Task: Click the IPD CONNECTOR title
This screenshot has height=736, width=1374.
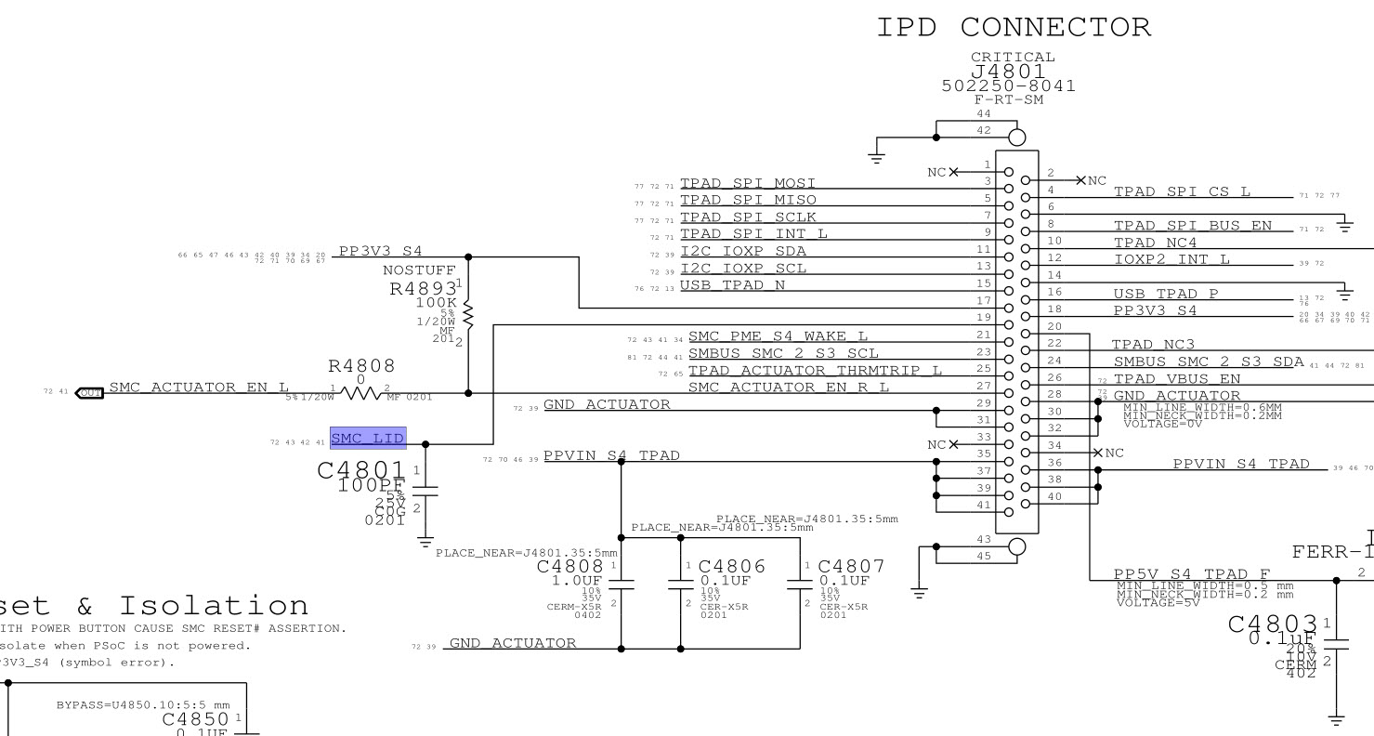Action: click(1014, 28)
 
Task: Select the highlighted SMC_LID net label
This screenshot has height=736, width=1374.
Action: click(367, 439)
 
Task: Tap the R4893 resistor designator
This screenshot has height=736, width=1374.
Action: click(423, 288)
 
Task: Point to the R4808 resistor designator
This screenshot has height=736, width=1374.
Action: click(361, 367)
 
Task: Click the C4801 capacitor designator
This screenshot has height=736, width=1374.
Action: click(361, 470)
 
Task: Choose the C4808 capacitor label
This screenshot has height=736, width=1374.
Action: click(570, 566)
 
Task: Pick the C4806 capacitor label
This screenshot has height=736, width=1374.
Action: click(732, 566)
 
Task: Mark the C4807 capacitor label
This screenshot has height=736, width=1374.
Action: click(851, 566)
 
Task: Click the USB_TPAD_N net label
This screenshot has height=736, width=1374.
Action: click(733, 285)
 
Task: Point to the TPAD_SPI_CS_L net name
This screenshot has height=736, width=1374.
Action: click(1182, 192)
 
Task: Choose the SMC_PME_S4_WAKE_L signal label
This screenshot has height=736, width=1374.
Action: click(778, 336)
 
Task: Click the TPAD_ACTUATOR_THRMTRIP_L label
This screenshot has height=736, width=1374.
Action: click(815, 371)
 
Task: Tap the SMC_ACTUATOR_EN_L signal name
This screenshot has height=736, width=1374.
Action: click(199, 388)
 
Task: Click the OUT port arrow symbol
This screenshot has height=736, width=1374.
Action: click(89, 392)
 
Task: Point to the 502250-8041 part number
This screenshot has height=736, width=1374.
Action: click(1009, 86)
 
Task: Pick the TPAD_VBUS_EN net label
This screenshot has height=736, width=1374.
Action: click(1175, 379)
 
